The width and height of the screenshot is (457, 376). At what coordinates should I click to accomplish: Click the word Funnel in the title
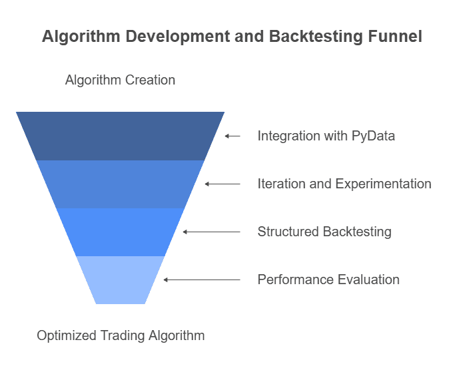click(395, 37)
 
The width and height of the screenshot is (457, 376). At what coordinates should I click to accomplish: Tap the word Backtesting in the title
click(316, 37)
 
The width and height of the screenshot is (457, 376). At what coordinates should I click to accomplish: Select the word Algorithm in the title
click(81, 37)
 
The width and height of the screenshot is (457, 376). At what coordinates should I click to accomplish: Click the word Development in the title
click(178, 37)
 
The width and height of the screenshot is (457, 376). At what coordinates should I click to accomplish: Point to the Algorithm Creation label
click(120, 80)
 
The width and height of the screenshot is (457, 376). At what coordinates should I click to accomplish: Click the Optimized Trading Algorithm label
click(121, 335)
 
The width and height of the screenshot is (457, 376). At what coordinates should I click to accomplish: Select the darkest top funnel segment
click(120, 136)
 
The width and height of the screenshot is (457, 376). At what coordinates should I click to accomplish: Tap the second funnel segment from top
click(120, 184)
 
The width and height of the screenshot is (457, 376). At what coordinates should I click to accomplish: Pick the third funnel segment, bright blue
click(120, 232)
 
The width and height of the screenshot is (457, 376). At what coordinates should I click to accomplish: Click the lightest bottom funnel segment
click(120, 280)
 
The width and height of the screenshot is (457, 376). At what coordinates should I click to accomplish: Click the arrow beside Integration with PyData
click(232, 136)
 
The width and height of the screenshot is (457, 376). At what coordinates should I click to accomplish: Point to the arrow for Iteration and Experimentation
click(223, 184)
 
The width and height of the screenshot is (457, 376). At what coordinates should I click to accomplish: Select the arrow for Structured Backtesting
click(212, 232)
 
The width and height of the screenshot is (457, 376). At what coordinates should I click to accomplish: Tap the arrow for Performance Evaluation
click(202, 280)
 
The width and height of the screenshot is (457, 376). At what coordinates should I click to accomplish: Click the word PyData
click(373, 136)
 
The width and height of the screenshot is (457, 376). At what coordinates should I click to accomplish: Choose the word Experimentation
click(383, 184)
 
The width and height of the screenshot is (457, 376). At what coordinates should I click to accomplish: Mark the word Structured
click(288, 232)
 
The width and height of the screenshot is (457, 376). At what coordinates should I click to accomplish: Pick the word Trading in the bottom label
click(123, 335)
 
